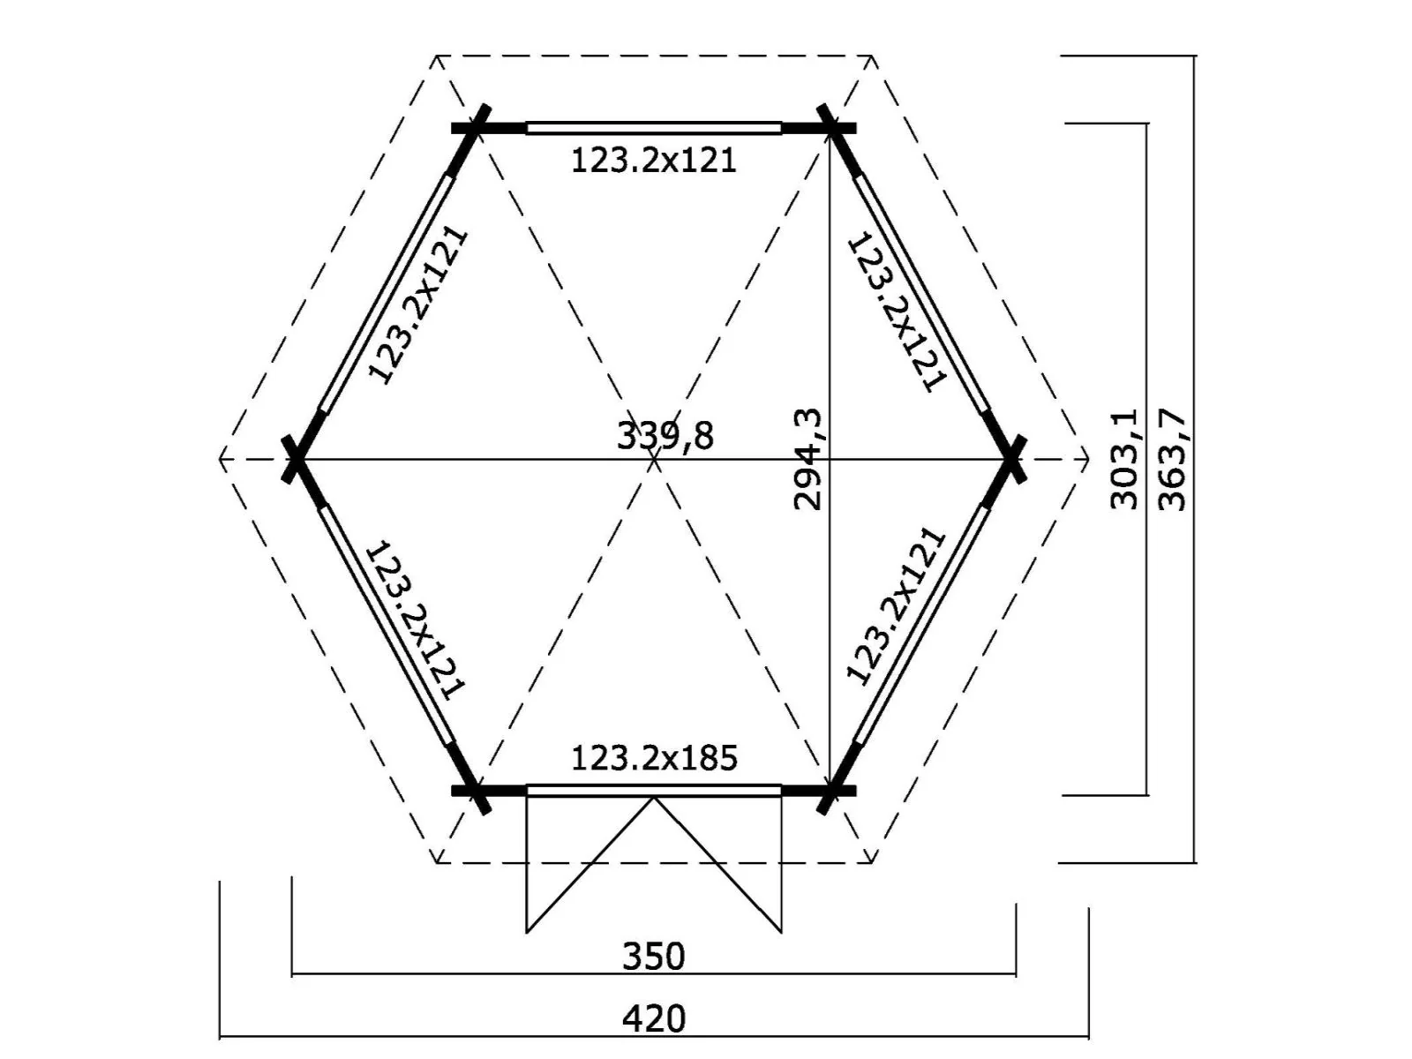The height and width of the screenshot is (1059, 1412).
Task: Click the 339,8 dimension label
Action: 665,436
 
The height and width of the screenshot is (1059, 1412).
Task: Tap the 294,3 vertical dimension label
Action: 807,459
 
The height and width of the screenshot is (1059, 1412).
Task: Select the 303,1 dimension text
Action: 1124,459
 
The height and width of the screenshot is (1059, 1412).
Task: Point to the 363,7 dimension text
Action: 1171,459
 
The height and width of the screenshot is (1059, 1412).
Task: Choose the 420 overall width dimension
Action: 654,1019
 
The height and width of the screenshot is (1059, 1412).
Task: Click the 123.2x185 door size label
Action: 654,758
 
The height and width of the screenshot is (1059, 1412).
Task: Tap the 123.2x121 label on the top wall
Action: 654,160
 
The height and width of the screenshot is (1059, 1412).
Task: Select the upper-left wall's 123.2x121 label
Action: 417,304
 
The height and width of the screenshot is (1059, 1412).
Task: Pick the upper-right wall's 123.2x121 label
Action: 898,311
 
